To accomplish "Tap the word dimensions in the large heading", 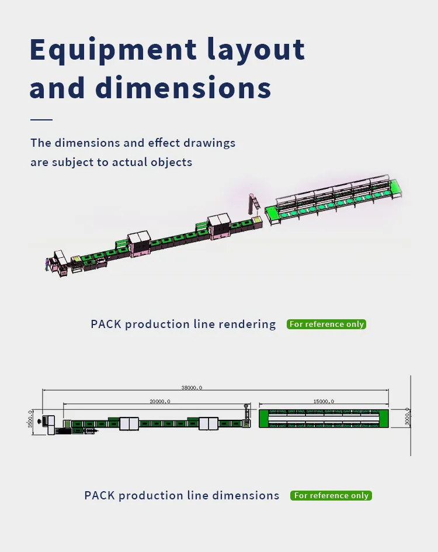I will tap(183, 88).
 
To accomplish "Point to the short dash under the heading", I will tap(41, 119).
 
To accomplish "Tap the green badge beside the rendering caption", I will tap(326, 324).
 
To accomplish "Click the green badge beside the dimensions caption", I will tap(331, 495).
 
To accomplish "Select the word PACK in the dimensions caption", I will tap(99, 495).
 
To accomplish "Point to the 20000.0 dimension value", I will tap(159, 402).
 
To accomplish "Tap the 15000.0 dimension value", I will tap(324, 402).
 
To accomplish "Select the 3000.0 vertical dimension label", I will tap(407, 417).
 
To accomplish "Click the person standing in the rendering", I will tap(47, 264).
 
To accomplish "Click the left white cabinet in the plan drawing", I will tap(128, 423).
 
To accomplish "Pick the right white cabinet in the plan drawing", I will tap(208, 423).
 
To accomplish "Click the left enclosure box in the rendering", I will tap(139, 243).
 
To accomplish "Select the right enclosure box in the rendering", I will tap(220, 225).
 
